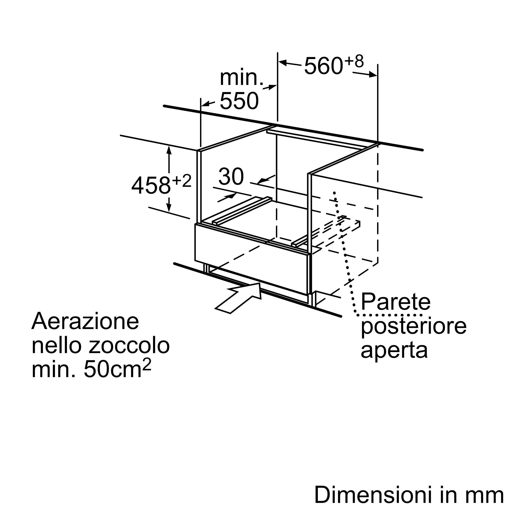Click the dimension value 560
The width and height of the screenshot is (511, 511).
coord(324,66)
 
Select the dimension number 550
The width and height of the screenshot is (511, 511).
coord(239,100)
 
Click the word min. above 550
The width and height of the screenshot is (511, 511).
coord(241,78)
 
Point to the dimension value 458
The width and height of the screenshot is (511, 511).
coord(151,185)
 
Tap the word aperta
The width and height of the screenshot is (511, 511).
coord(394,351)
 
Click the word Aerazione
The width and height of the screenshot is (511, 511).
coord(85,321)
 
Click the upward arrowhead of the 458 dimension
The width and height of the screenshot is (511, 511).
coord(169,150)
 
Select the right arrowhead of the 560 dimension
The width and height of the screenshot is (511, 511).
coord(373,75)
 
